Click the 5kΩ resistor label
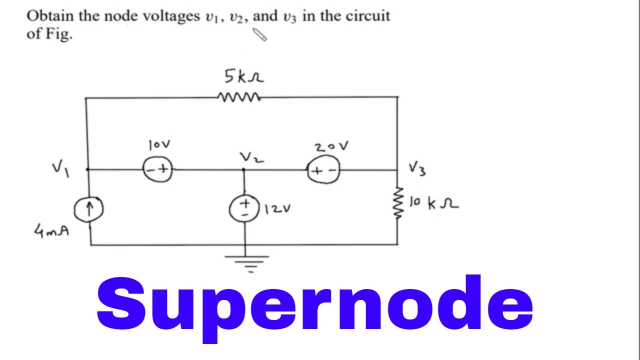243,77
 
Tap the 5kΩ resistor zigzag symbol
239,96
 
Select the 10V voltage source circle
158,170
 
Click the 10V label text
159,145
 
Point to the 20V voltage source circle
323,170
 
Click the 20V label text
331,147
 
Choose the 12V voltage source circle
244,209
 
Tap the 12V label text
277,209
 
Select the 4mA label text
51,231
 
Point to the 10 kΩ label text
433,202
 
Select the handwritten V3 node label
417,169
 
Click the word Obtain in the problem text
50,16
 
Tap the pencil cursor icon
260,35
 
